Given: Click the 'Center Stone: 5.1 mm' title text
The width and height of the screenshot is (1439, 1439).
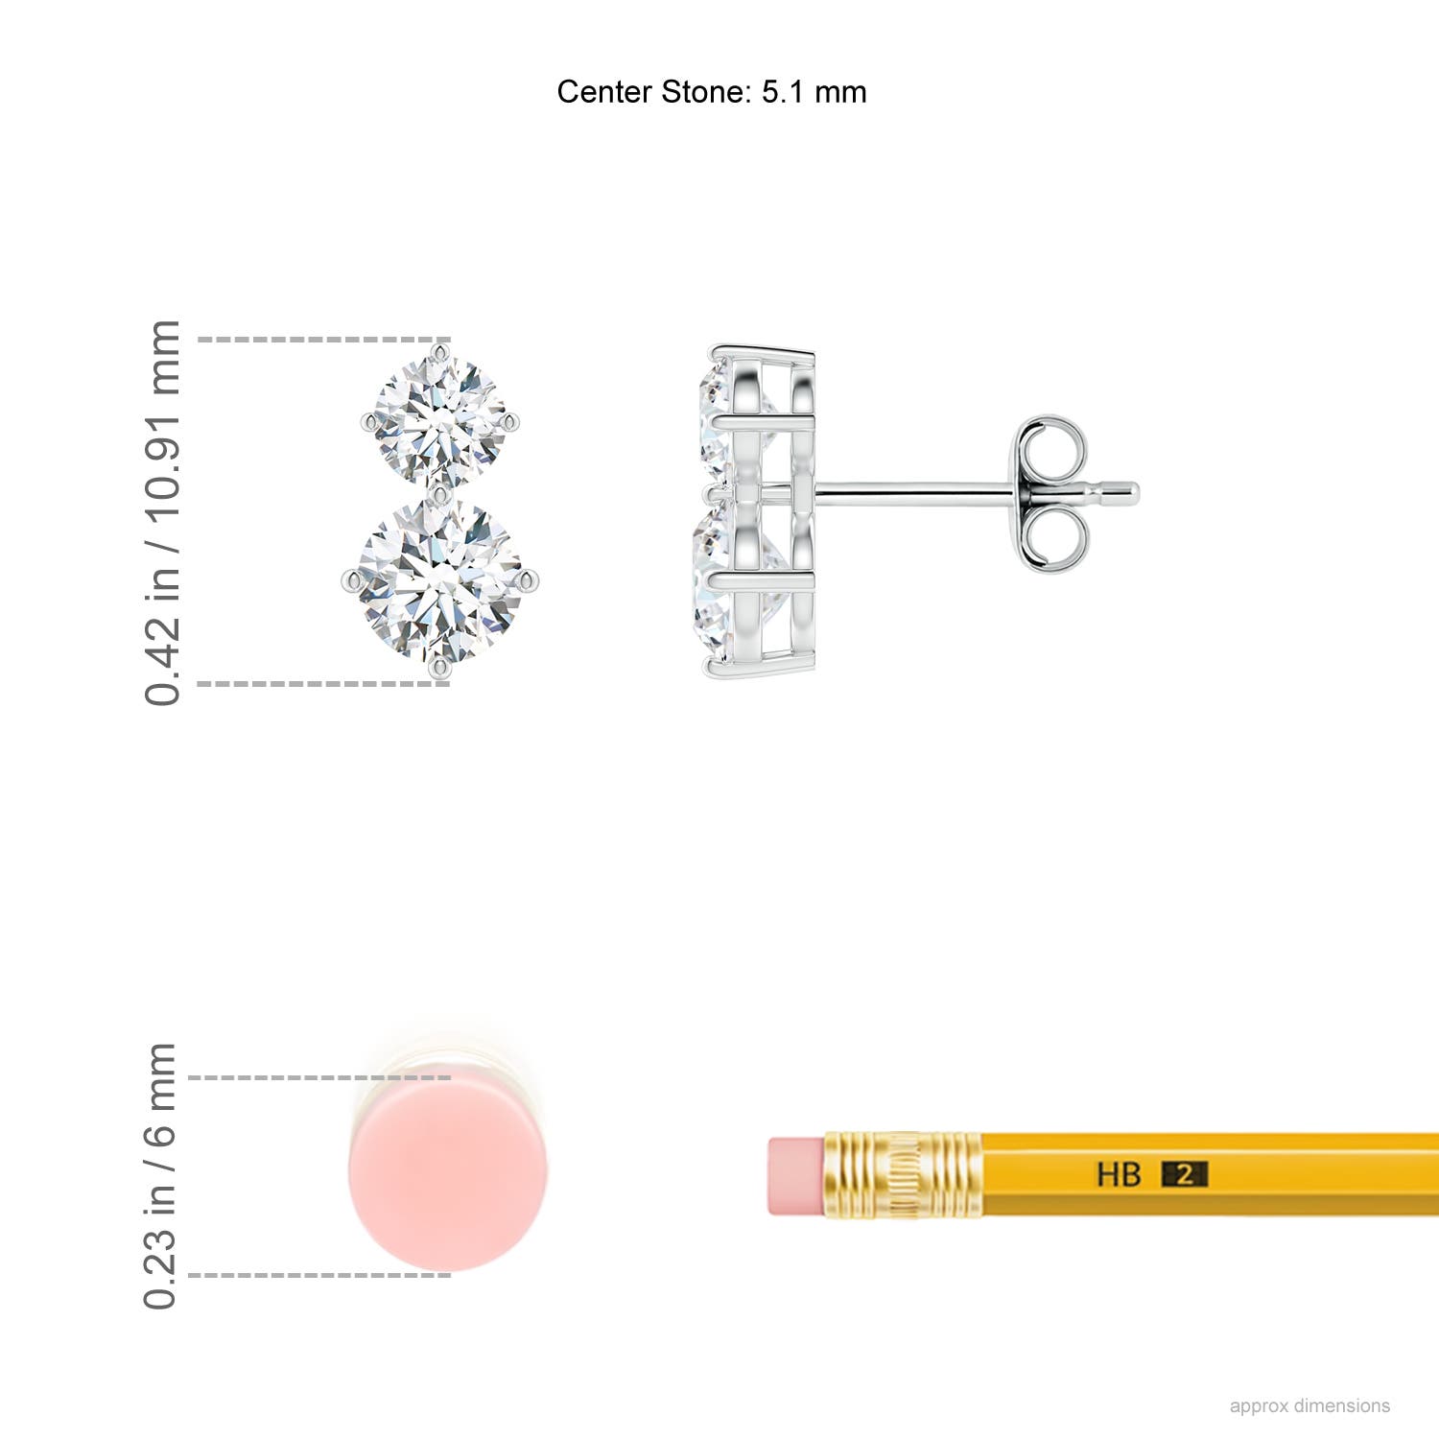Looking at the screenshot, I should pyautogui.click(x=711, y=92).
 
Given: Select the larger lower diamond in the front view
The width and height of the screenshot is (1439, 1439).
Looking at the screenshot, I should pyautogui.click(x=440, y=579).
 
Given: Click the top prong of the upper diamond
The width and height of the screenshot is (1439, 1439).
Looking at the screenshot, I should pyautogui.click(x=440, y=352).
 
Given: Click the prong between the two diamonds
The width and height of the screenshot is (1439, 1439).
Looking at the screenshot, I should pyautogui.click(x=440, y=494).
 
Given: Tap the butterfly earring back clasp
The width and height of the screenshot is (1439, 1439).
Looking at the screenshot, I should pyautogui.click(x=1051, y=493).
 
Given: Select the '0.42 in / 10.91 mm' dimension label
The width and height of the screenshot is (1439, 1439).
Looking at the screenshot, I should pyautogui.click(x=163, y=513).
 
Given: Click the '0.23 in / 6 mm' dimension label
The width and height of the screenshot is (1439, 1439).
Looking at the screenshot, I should pyautogui.click(x=161, y=1176).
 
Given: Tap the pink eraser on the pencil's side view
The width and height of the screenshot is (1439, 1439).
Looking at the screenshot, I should pyautogui.click(x=795, y=1176).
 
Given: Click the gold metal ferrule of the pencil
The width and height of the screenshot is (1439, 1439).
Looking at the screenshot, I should pyautogui.click(x=902, y=1175).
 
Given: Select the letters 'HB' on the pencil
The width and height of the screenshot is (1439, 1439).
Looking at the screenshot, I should pyautogui.click(x=1119, y=1174).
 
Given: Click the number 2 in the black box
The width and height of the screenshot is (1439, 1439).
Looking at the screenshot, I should pyautogui.click(x=1185, y=1174).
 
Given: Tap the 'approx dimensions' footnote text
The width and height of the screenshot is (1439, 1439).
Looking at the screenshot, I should pyautogui.click(x=1309, y=1405).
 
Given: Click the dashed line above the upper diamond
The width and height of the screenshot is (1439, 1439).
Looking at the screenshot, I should pyautogui.click(x=317, y=340).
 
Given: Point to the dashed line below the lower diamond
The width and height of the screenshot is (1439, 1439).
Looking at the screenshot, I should pyautogui.click(x=317, y=684).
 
